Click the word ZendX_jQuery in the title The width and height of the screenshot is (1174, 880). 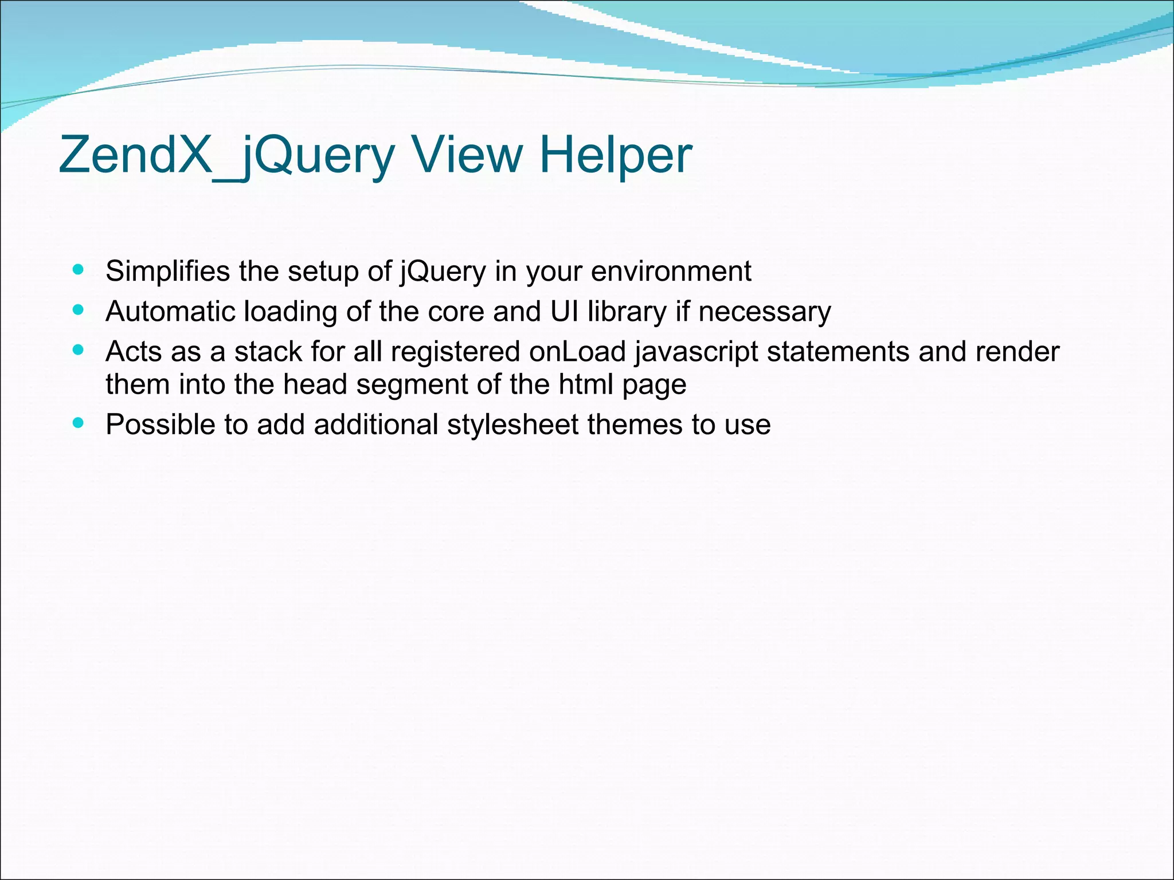tap(226, 155)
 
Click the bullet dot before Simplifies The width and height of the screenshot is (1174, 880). tap(79, 269)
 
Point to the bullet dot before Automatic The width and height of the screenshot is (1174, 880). tap(79, 310)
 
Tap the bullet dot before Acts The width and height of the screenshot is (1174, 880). tap(79, 349)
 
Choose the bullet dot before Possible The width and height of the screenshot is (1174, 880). tap(79, 423)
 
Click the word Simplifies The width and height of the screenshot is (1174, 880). tap(167, 271)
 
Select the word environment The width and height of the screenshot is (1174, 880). tap(671, 271)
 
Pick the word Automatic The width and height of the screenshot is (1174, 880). tap(170, 312)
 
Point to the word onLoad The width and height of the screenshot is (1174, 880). tap(577, 351)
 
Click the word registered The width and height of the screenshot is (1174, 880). tap(455, 352)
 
